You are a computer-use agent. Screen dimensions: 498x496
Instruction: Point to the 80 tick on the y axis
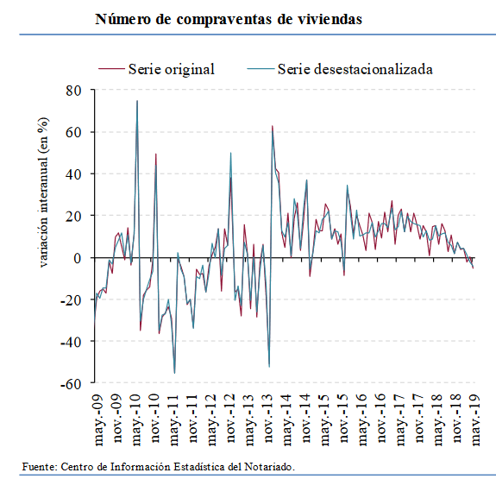coord(73,91)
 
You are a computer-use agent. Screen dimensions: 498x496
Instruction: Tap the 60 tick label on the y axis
coord(73,132)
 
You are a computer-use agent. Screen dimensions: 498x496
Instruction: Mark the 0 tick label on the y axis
coord(77,257)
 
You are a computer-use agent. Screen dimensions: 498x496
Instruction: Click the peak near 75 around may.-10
coord(137,101)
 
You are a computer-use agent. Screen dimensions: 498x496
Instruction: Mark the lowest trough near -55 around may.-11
coord(174,373)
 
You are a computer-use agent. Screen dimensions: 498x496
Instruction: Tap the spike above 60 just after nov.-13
coord(273,126)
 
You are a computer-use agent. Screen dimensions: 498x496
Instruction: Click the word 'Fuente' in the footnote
coord(39,467)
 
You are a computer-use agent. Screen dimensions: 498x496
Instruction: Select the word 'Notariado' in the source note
coord(268,467)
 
